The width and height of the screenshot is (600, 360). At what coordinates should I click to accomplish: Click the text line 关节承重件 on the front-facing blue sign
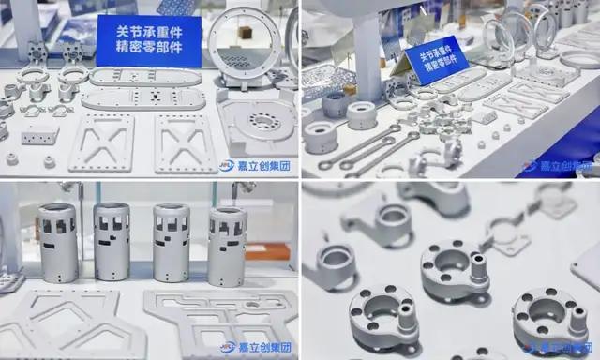pos(149,32)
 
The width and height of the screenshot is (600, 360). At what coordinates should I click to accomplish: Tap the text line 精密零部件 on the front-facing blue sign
pos(149,47)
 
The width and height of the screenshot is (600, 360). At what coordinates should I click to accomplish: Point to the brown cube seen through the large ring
pos(245,33)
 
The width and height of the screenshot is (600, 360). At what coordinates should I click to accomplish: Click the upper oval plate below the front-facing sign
pos(145,77)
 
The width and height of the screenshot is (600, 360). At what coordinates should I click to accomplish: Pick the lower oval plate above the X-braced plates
pos(143,99)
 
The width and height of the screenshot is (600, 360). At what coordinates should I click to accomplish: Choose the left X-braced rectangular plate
pos(102,142)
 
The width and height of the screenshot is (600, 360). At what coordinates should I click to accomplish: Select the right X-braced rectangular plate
pos(186,143)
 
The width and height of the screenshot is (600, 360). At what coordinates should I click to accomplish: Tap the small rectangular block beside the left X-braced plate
pos(39,135)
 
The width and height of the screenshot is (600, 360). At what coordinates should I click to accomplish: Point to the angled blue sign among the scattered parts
pos(437,60)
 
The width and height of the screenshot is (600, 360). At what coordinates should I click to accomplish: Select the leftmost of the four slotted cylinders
pos(58,243)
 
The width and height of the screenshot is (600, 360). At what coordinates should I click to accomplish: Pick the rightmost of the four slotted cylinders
pos(228,247)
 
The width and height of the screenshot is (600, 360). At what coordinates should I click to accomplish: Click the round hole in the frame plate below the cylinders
pos(253,305)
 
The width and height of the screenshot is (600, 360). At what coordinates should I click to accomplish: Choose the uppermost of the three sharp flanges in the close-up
pos(455,269)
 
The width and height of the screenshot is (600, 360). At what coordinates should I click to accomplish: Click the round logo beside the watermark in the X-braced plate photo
pos(227,165)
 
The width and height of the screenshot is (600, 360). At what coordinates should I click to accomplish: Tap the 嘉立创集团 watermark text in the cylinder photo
pos(264,348)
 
